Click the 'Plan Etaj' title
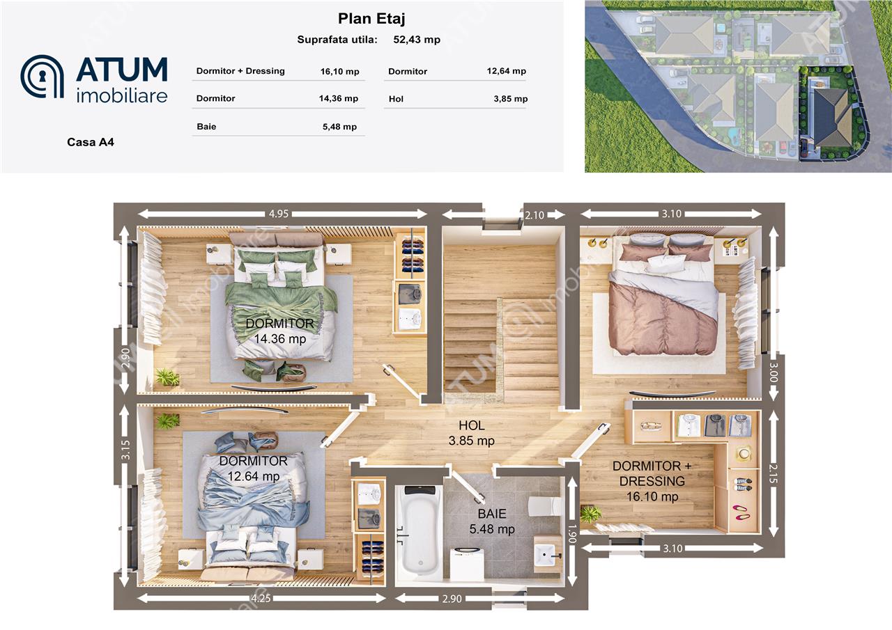coord(371,19)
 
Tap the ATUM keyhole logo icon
coord(42,77)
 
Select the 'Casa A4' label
coord(91,142)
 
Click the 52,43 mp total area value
coord(417,40)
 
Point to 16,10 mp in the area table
coord(339,72)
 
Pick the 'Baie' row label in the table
coord(206,127)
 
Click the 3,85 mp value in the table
coord(511,99)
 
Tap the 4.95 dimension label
coord(278,214)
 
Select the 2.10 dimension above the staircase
coord(534,215)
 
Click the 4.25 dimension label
coord(261,598)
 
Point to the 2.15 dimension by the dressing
coord(773,473)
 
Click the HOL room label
coord(472,425)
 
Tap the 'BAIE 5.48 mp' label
coord(492,521)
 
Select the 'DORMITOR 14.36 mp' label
coord(280,331)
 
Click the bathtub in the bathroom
coord(420,530)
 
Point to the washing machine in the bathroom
coord(467,564)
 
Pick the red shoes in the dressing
coord(741,512)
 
